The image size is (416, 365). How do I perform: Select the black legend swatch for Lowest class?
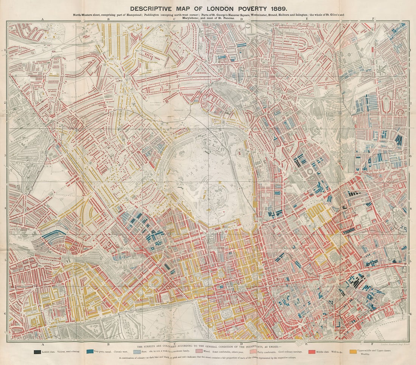37,352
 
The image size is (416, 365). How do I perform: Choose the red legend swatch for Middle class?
310,352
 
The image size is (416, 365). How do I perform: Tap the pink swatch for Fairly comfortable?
253,352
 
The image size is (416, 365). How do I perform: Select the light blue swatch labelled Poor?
137,352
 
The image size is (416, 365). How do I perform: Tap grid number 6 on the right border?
411,314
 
